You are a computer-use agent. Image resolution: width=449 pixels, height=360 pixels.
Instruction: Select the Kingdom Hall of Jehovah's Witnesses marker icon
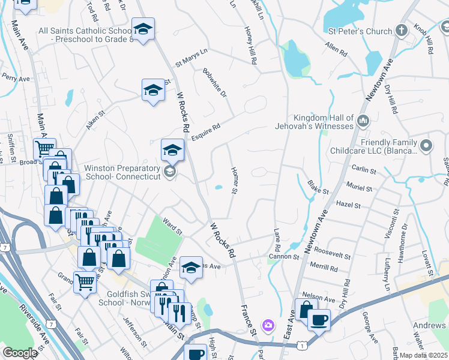tap(363, 122)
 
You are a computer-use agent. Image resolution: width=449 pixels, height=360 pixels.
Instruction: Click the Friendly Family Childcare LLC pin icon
tap(426, 145)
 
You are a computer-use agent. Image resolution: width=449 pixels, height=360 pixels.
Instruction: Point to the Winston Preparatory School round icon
tap(170, 173)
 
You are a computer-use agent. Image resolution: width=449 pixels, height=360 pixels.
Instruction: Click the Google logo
tap(20, 353)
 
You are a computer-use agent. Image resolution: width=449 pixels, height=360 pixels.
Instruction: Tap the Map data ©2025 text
tap(424, 355)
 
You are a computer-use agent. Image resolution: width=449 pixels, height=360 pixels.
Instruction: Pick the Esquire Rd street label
tap(206, 132)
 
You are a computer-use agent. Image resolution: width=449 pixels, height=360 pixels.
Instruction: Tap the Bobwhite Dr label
tap(215, 84)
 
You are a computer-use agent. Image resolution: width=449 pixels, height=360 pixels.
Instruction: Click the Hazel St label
tap(348, 205)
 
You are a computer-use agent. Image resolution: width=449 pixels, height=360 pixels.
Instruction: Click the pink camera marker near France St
tap(268, 326)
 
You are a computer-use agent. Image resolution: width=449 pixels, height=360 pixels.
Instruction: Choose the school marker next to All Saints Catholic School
tap(143, 29)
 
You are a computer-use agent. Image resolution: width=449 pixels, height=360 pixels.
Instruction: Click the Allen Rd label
tap(336, 50)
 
